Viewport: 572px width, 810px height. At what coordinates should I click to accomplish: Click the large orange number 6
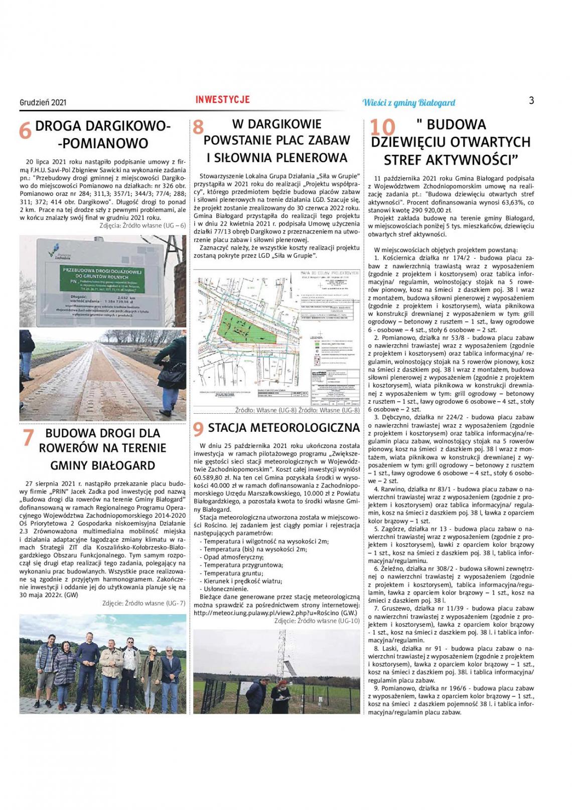pos(25,131)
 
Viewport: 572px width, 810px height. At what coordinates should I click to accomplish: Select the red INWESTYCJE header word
pos(222,99)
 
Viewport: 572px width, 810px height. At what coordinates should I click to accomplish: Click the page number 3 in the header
pos(531,100)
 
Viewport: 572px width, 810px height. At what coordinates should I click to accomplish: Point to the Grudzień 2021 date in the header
pos(43,102)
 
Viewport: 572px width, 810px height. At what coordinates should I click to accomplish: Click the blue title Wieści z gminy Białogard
pos(408,102)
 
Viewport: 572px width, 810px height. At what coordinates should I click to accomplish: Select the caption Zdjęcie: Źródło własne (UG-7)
pos(144,603)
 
